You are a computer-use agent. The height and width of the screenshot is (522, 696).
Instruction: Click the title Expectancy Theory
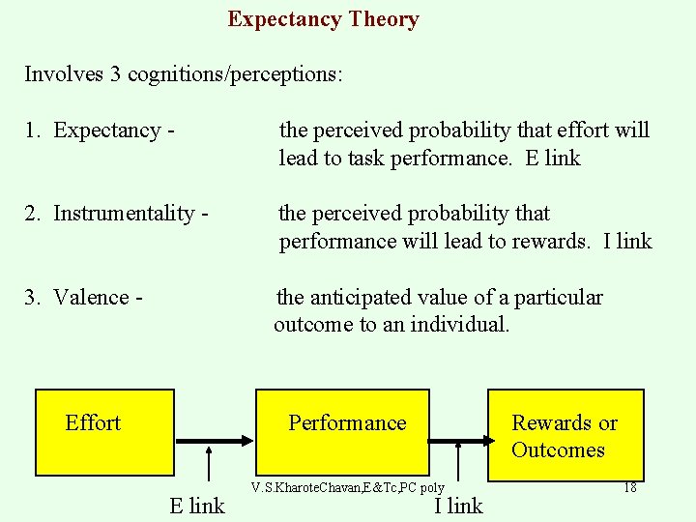click(x=323, y=19)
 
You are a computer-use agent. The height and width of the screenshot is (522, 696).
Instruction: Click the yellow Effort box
click(x=104, y=432)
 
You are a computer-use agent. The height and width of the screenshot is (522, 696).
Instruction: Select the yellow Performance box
click(x=347, y=432)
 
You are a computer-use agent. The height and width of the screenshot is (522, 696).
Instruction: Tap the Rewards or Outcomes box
click(x=565, y=435)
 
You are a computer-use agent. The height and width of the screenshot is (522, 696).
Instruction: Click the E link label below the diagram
click(x=197, y=505)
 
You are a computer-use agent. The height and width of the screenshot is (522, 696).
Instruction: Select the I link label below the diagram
click(x=458, y=505)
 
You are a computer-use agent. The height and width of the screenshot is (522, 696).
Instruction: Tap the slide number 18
click(x=629, y=487)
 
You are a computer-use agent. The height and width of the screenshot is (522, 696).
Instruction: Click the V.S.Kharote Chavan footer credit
click(x=347, y=488)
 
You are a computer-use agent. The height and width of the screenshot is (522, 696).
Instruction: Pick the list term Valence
click(x=91, y=297)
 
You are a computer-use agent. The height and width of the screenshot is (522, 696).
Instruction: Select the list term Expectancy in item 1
click(x=107, y=130)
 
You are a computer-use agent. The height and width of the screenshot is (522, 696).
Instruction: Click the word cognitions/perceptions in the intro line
click(x=233, y=74)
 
